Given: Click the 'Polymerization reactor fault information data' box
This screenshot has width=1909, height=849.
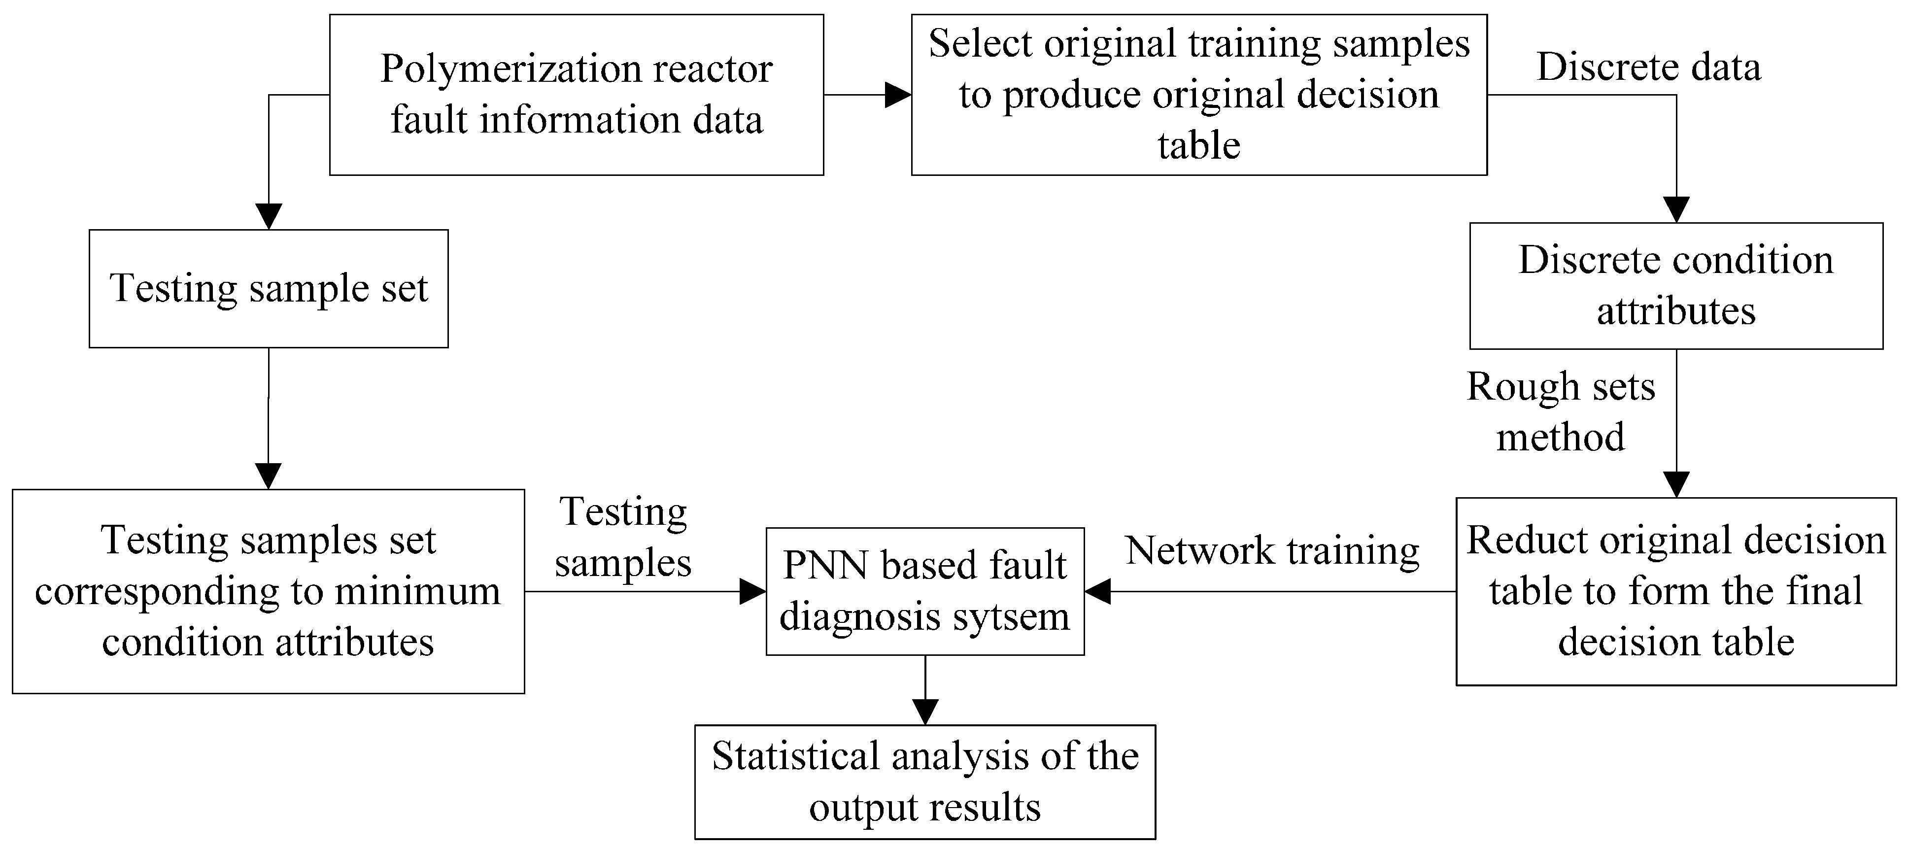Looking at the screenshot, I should click(576, 94).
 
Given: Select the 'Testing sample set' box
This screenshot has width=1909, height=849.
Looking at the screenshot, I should click(268, 288).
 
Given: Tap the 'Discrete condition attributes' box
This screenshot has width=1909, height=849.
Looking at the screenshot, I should click(1675, 285).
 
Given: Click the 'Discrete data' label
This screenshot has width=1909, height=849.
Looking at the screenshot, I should click(1648, 67).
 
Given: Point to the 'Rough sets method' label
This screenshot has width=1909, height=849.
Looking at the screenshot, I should click(1561, 411).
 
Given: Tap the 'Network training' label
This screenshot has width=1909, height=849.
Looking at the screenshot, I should click(1272, 550).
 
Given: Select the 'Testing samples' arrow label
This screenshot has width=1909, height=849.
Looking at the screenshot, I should click(622, 537).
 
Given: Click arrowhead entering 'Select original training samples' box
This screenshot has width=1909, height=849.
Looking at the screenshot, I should click(898, 95).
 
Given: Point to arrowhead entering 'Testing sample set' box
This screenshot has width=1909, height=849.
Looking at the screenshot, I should click(268, 216).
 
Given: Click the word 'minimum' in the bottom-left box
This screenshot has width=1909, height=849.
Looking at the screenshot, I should click(417, 591).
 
